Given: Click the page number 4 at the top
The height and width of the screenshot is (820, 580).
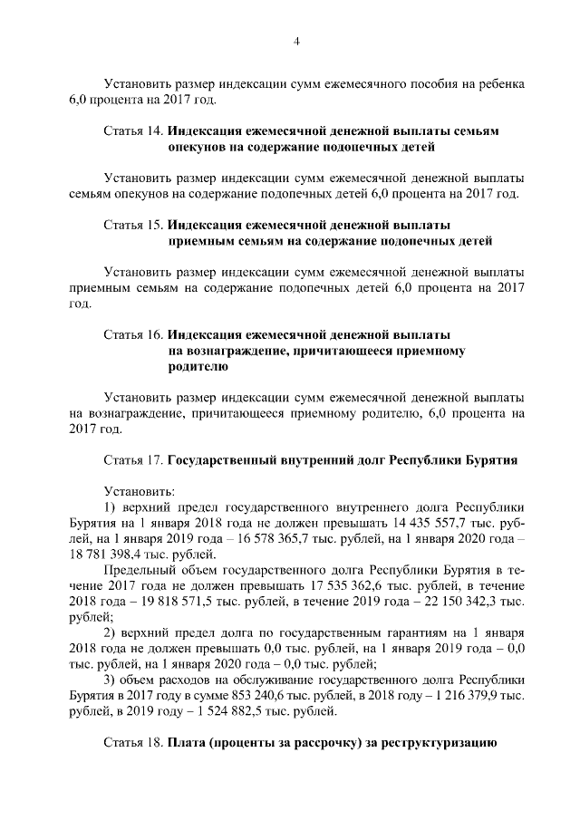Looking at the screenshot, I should click(x=296, y=40).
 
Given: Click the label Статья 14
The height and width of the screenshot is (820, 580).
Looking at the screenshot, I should click(x=134, y=131).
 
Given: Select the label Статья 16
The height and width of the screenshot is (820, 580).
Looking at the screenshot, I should click(x=134, y=335).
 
